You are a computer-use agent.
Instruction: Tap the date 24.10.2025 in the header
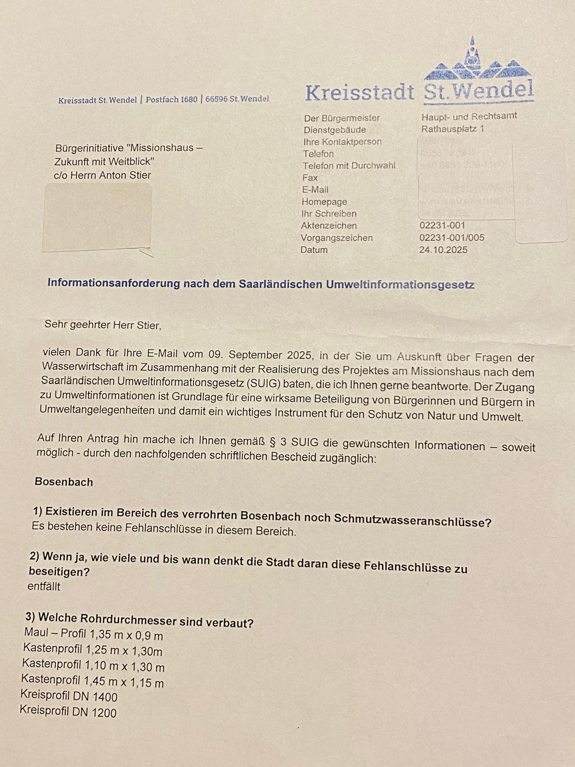[x=443, y=250]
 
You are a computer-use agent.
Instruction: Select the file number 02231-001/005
[x=451, y=238]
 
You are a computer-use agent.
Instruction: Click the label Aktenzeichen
[x=329, y=225]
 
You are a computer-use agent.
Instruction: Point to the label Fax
[x=310, y=177]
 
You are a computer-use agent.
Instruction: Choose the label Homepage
[x=324, y=202]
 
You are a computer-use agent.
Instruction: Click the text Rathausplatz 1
[x=452, y=129]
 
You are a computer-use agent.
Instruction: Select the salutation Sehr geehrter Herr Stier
[x=103, y=325]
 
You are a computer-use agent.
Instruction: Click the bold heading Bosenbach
[x=64, y=482]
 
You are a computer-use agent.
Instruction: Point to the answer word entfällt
[x=44, y=586]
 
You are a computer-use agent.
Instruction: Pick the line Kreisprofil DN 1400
[x=69, y=696]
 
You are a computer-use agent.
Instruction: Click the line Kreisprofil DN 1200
[x=68, y=711]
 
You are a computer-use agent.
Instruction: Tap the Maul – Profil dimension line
[x=93, y=634]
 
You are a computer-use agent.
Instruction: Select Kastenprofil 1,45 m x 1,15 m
[x=92, y=681]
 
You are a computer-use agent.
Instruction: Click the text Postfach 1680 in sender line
[x=171, y=100]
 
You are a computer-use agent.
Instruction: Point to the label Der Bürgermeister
[x=341, y=118]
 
